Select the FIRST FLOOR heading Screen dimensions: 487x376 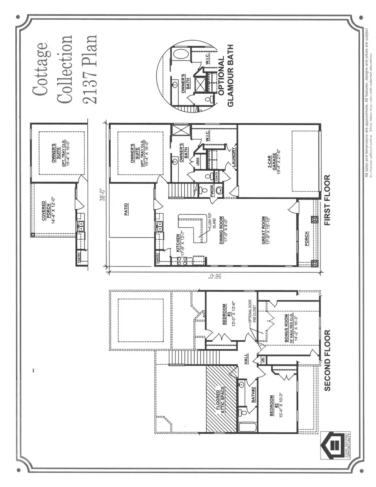point(327,200)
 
